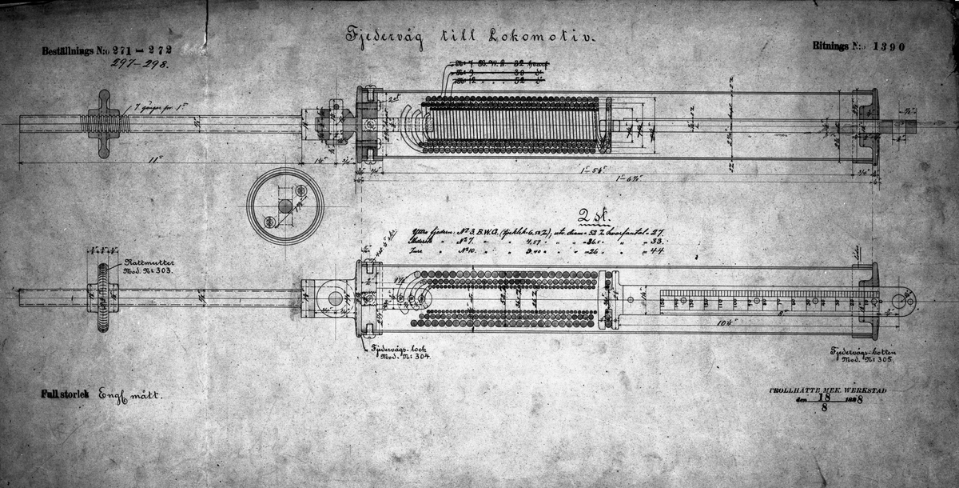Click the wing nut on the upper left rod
pyautogui.click(x=103, y=124)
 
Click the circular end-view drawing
pyautogui.click(x=285, y=206)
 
